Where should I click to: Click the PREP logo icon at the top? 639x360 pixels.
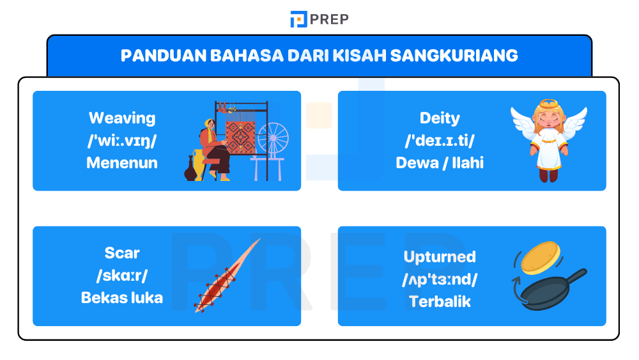click(298, 19)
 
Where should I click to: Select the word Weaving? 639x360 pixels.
click(121, 118)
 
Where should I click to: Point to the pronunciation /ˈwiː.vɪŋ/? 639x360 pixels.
click(121, 141)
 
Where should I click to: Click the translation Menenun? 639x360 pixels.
click(121, 162)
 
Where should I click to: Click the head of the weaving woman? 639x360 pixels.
click(208, 124)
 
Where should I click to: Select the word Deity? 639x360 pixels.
click(440, 118)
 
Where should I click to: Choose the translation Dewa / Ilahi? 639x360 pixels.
click(440, 162)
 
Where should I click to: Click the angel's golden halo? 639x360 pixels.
click(548, 104)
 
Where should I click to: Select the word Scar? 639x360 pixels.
click(121, 253)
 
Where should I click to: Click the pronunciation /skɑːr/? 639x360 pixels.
click(121, 276)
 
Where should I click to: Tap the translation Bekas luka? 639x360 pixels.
click(121, 297)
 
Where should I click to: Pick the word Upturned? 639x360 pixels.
click(440, 257)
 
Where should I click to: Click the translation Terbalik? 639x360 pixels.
click(440, 301)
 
